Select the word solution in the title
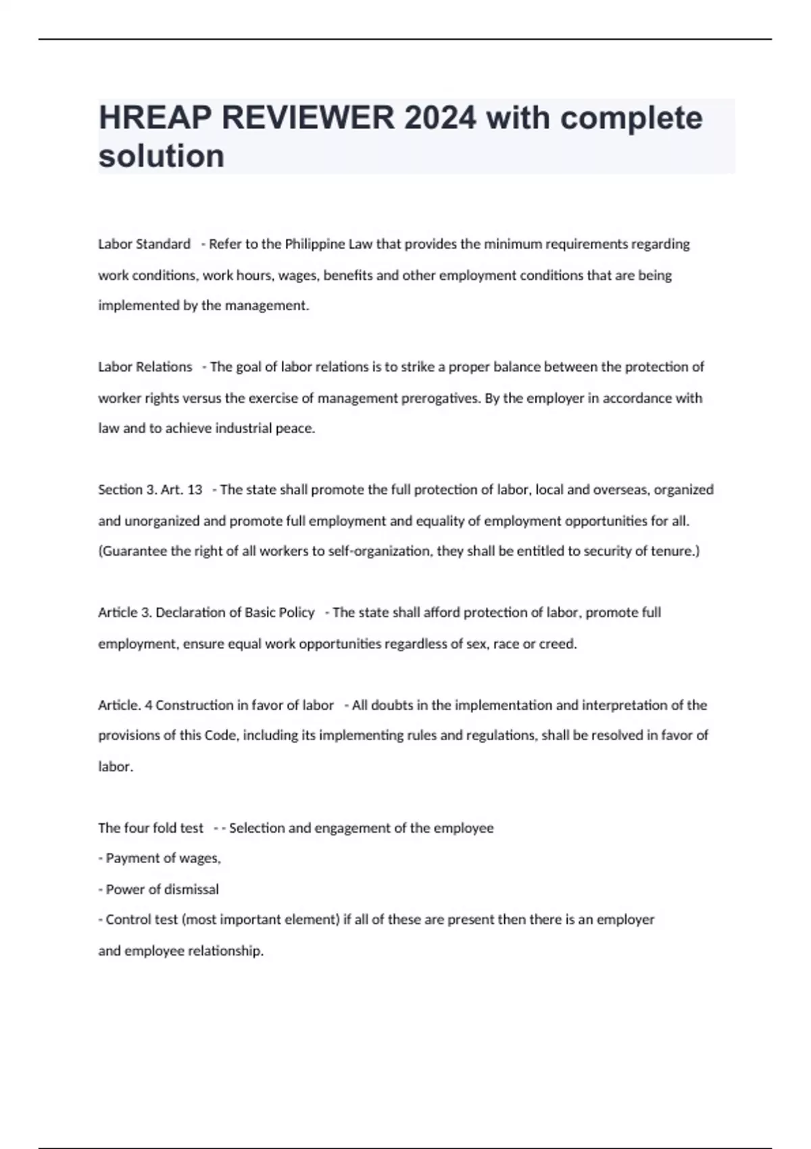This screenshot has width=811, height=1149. point(162,156)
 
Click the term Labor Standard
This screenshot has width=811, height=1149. point(144,244)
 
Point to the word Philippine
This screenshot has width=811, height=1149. point(314,244)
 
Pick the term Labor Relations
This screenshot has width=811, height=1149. point(145,367)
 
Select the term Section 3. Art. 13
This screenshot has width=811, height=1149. point(150,490)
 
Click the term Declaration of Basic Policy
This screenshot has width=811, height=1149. point(235,613)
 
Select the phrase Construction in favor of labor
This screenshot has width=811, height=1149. point(245,706)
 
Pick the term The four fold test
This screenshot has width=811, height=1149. point(151,829)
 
